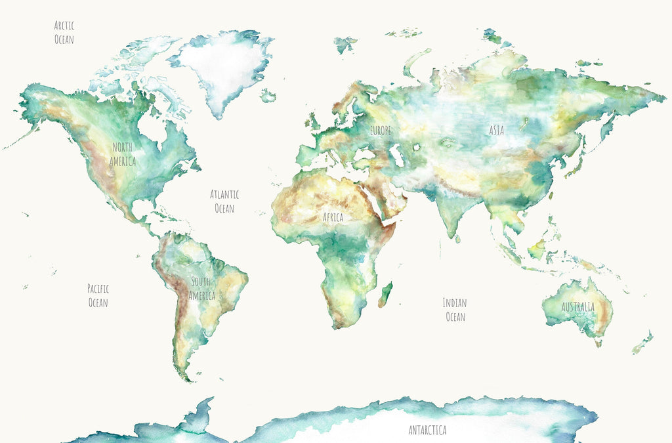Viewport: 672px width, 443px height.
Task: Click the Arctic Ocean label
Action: (x=64, y=33)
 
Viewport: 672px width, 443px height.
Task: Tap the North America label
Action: (x=123, y=154)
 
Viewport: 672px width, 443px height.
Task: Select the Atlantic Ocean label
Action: (x=224, y=201)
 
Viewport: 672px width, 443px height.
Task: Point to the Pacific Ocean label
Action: (x=98, y=295)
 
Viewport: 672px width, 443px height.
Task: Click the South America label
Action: (x=201, y=289)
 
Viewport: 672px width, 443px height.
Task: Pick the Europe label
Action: (x=380, y=131)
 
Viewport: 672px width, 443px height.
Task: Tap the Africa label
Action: (x=333, y=217)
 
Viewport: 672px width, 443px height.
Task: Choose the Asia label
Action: (x=497, y=131)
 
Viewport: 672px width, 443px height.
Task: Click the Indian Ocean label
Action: (x=455, y=310)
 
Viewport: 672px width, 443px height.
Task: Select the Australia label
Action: (x=577, y=307)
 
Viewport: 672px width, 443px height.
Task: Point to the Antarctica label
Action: (x=427, y=431)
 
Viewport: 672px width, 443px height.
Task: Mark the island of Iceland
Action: (x=267, y=96)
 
